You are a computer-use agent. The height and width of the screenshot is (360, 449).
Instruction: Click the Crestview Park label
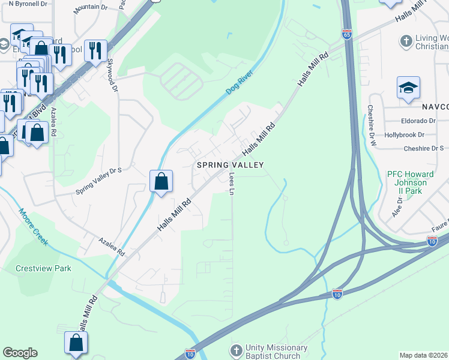point(43,268)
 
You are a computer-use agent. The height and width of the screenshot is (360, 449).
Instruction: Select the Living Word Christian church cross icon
point(406,41)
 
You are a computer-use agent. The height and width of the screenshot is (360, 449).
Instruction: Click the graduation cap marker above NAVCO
point(408,88)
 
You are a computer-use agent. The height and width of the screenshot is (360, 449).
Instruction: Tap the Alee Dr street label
point(396,209)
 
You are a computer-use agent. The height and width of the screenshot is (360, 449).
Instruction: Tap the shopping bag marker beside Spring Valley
point(161,181)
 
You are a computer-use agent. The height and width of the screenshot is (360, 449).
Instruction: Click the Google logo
point(20,353)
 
